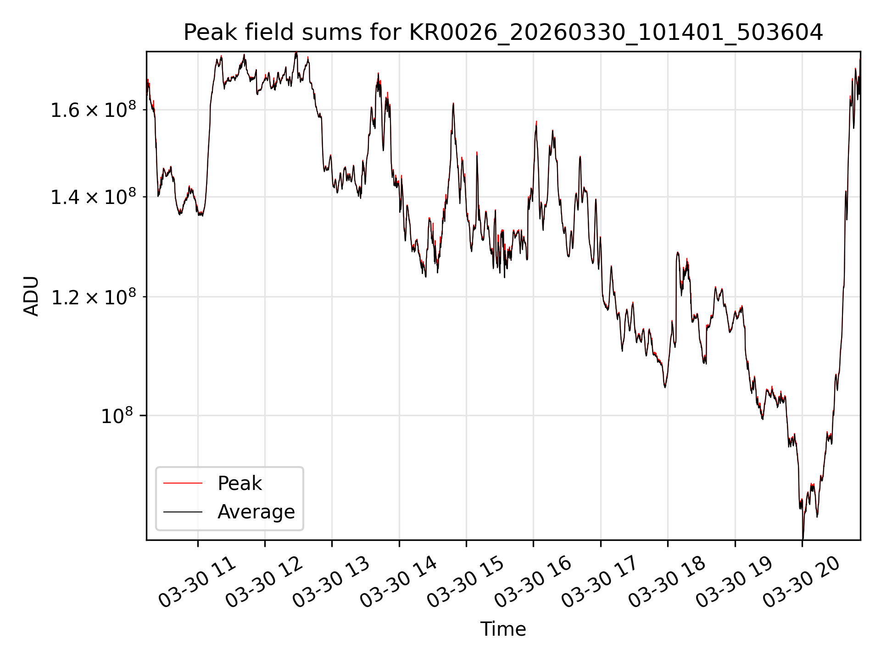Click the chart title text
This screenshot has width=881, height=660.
[x=503, y=33]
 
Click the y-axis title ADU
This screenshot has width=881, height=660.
[x=31, y=296]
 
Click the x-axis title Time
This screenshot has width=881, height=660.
[x=503, y=629]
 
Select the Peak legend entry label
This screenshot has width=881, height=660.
[x=240, y=484]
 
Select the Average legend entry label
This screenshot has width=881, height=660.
[x=256, y=512]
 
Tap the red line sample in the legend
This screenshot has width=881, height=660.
[x=183, y=483]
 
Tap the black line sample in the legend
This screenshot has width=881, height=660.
[x=183, y=511]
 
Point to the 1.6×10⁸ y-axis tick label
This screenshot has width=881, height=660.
[x=93, y=110]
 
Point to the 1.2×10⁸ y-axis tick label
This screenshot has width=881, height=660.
[x=93, y=297]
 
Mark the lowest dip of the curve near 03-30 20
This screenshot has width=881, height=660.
[x=803, y=538]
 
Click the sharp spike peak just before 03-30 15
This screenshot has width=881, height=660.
[x=453, y=104]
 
